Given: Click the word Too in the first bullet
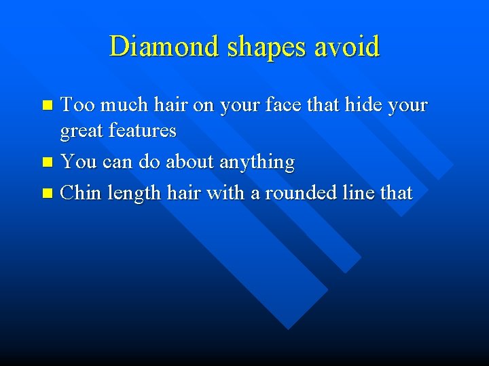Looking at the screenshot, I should pyautogui.click(x=75, y=105).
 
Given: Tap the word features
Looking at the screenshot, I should pyautogui.click(x=143, y=129).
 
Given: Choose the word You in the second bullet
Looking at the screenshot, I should pyautogui.click(x=77, y=162).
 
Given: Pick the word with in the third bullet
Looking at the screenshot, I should pyautogui.click(x=225, y=193).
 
